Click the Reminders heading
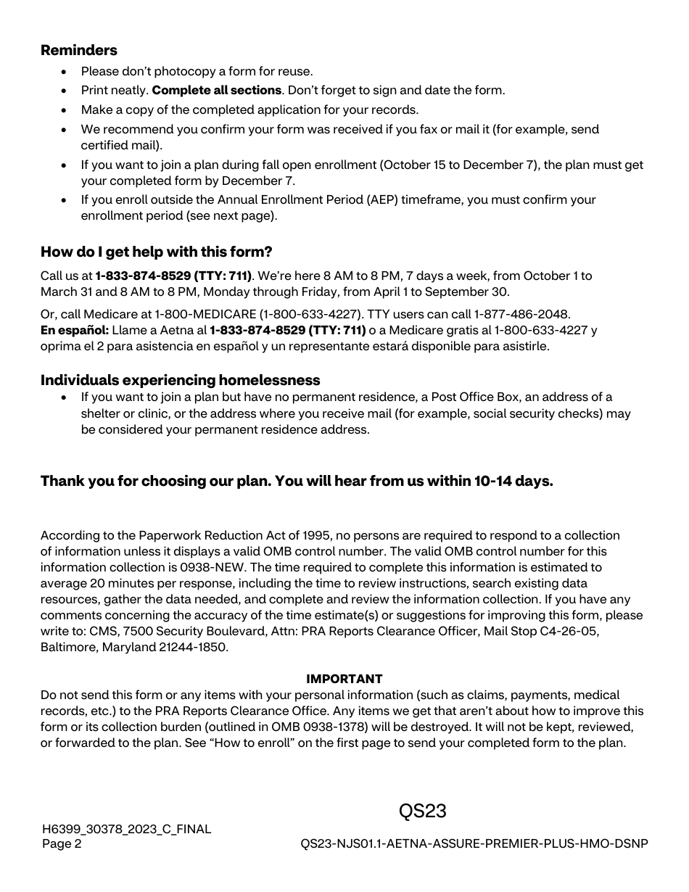click(x=78, y=50)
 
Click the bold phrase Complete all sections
click(x=216, y=91)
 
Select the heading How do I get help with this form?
click(x=156, y=252)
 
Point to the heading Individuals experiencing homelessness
click(x=180, y=380)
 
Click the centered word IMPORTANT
click(x=344, y=679)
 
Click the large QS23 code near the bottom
click(x=422, y=811)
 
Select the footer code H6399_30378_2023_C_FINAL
click(x=126, y=829)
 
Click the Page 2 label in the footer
click(x=62, y=843)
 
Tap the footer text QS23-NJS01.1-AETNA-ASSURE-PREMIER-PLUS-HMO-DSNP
click(x=474, y=843)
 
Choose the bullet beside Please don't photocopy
click(x=65, y=71)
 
